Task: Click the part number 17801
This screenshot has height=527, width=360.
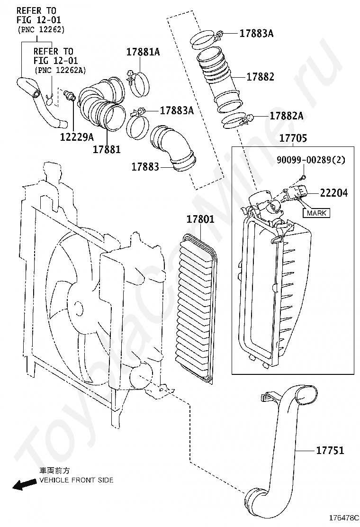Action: (x=200, y=219)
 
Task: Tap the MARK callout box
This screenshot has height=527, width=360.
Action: (x=316, y=213)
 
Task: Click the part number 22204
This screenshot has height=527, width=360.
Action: (x=333, y=193)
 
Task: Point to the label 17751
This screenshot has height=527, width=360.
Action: (x=330, y=450)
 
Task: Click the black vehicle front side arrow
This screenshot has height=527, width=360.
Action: (x=24, y=484)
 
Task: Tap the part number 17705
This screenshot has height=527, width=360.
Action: (x=293, y=138)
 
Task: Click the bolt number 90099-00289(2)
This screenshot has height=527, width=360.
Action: (x=311, y=160)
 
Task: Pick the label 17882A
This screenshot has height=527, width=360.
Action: (x=287, y=116)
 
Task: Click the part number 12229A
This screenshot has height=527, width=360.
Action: (x=77, y=137)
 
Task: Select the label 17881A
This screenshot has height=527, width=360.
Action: (x=143, y=52)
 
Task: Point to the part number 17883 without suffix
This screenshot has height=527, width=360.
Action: (x=145, y=166)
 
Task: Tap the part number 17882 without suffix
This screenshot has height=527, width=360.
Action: (x=260, y=77)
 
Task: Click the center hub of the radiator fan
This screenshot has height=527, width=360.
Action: (x=77, y=309)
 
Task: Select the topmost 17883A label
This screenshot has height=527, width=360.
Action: (x=256, y=33)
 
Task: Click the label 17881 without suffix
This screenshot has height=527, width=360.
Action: (x=107, y=149)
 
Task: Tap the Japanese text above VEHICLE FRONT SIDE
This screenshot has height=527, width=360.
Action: (x=55, y=471)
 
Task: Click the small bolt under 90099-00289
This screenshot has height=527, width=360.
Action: (x=303, y=177)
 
